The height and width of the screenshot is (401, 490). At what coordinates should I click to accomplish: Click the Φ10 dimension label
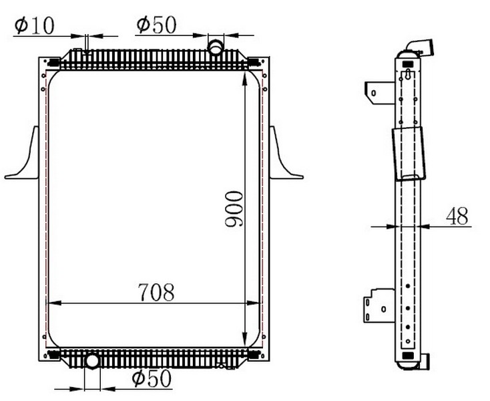[x=34, y=26]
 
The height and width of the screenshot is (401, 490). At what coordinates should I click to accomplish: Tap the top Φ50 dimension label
[x=157, y=25]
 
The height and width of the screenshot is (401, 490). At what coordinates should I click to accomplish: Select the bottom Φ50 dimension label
[x=152, y=378]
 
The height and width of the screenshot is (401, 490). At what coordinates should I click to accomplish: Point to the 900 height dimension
[x=234, y=209]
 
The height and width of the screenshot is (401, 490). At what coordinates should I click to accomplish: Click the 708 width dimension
[x=156, y=293]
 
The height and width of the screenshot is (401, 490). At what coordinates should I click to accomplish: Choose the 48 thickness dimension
[x=457, y=216]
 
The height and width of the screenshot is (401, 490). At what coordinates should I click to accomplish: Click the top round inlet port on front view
[x=216, y=47]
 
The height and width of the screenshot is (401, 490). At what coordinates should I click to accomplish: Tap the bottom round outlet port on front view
[x=92, y=361]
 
